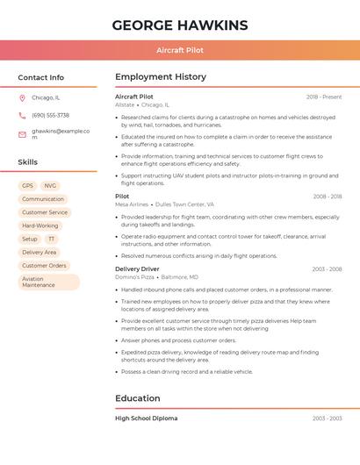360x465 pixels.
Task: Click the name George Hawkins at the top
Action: click(x=179, y=25)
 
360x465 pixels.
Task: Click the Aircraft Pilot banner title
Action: click(x=179, y=50)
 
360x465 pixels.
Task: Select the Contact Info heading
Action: click(x=40, y=77)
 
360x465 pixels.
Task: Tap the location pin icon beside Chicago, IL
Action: click(x=22, y=97)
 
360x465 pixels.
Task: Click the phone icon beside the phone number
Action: click(x=22, y=115)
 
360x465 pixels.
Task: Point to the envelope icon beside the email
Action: click(x=22, y=133)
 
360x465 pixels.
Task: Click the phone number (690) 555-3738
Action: click(x=50, y=115)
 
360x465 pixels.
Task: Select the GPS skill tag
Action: click(x=27, y=186)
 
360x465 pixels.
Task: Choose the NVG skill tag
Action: click(x=50, y=186)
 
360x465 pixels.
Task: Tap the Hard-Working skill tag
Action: click(x=40, y=225)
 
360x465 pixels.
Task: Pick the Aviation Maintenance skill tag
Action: click(x=48, y=282)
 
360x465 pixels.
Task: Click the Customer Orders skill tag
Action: click(x=44, y=265)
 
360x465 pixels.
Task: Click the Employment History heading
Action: click(x=161, y=77)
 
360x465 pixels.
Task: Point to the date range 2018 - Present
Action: click(x=324, y=97)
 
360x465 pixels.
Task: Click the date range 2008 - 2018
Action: click(x=327, y=197)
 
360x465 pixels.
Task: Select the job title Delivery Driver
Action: click(x=137, y=268)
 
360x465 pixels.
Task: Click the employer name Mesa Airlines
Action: click(x=132, y=204)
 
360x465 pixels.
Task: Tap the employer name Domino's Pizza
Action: click(x=134, y=276)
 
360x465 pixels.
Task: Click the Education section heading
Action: click(x=138, y=398)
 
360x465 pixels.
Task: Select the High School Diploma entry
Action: click(x=146, y=418)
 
